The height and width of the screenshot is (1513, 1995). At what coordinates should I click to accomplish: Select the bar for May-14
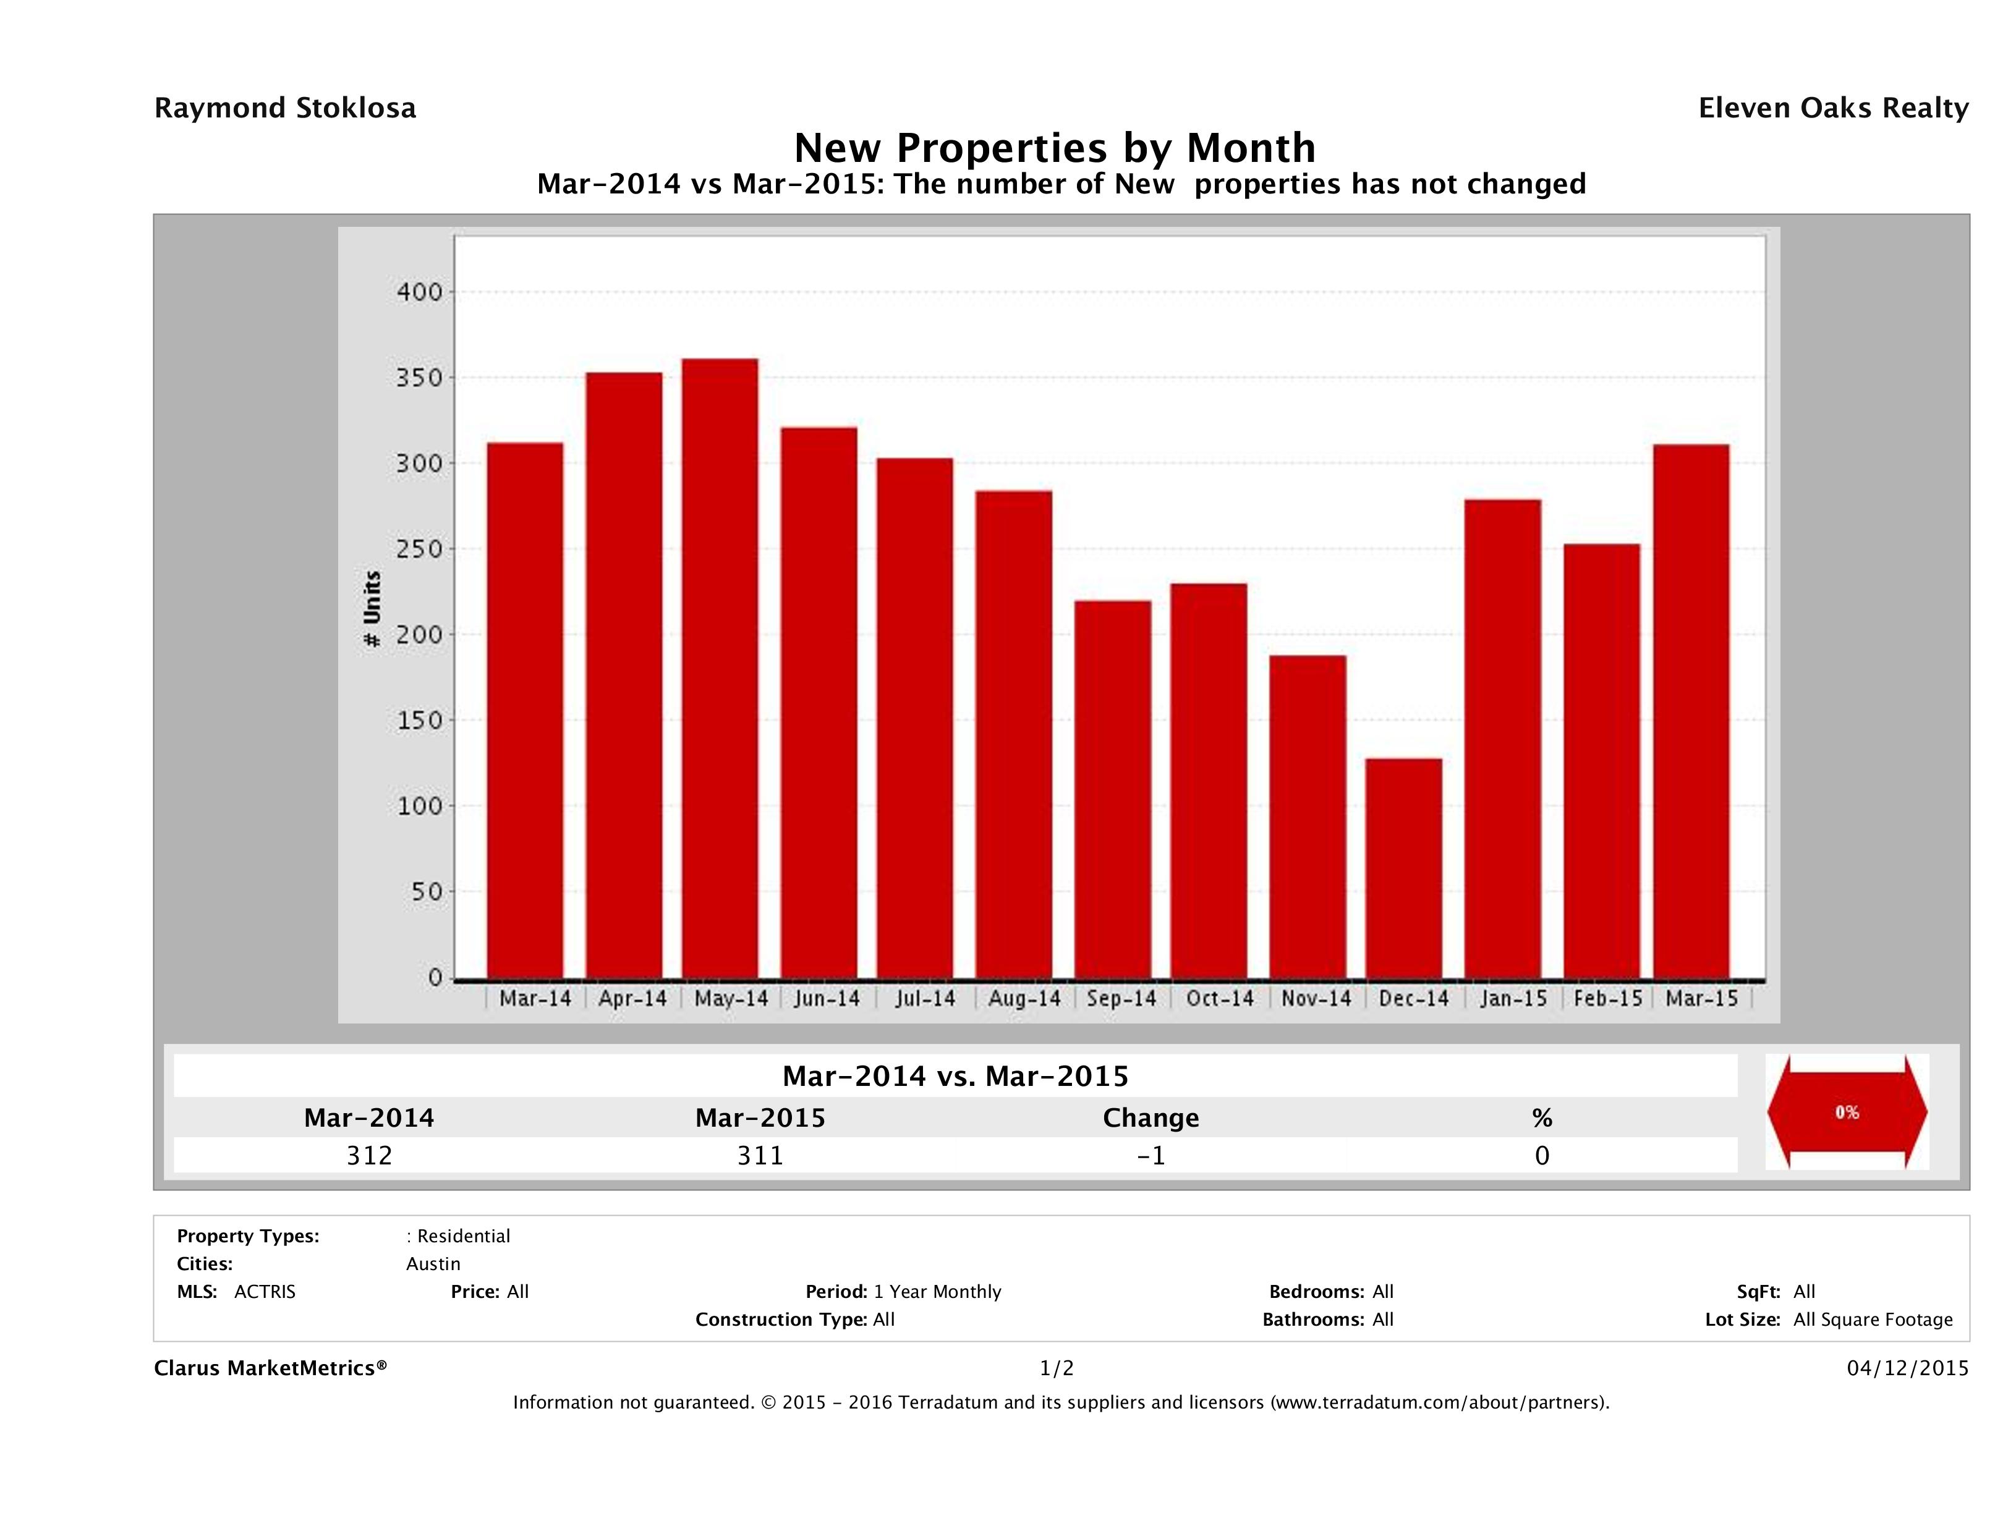[x=720, y=668]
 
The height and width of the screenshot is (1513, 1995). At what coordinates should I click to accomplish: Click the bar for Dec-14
[x=1403, y=868]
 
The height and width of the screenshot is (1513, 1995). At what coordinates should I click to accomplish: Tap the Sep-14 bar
[x=1113, y=789]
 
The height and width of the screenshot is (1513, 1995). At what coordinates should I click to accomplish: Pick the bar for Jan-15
[x=1502, y=739]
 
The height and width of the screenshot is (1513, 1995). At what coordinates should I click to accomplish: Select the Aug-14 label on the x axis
[x=1024, y=999]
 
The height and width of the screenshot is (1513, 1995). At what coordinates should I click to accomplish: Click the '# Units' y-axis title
[x=372, y=609]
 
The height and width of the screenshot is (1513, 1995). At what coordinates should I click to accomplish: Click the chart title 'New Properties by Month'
[x=1054, y=148]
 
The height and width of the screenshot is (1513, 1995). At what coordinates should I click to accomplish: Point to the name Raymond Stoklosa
[x=285, y=108]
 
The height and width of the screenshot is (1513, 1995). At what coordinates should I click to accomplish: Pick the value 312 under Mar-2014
[x=369, y=1155]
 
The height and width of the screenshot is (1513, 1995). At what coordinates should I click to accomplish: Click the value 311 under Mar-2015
[x=760, y=1155]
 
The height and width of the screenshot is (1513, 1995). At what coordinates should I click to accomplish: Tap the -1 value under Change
[x=1151, y=1155]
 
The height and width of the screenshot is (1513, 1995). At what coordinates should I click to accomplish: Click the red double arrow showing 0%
[x=1846, y=1112]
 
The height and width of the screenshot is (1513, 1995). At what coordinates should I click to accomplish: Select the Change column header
[x=1151, y=1118]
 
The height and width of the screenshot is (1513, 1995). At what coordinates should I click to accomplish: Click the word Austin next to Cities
[x=433, y=1264]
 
